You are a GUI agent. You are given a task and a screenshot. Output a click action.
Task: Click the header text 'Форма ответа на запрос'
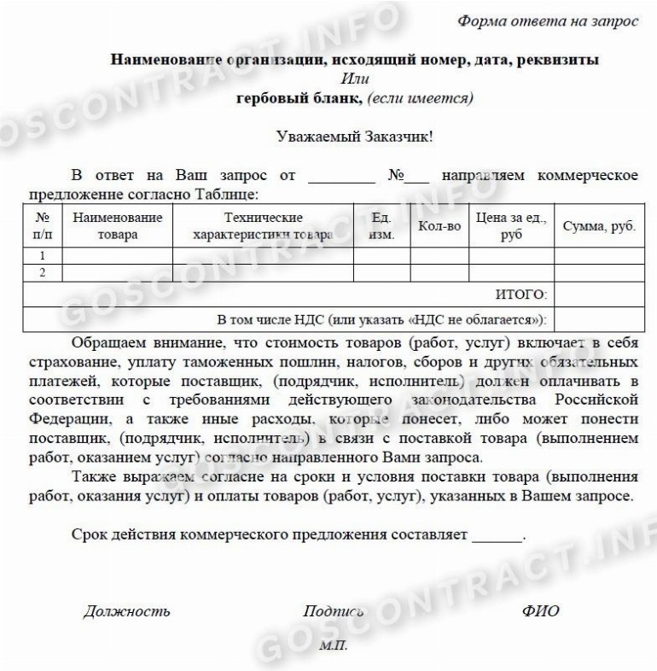(547, 20)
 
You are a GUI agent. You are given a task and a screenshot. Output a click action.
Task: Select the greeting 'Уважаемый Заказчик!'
(356, 135)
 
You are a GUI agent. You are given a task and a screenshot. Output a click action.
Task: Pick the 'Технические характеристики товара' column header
(263, 226)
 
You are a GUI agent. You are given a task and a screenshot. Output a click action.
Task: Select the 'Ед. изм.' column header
(381, 226)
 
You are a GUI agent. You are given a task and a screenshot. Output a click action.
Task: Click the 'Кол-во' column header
(439, 226)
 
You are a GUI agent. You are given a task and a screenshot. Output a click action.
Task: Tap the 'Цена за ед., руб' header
(511, 226)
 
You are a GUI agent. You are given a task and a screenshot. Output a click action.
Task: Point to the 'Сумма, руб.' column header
(594, 226)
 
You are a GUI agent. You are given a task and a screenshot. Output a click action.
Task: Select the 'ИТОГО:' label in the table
(520, 295)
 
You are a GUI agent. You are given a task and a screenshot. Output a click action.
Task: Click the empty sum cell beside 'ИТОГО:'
(594, 295)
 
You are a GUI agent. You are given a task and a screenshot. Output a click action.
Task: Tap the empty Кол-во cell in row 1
(439, 255)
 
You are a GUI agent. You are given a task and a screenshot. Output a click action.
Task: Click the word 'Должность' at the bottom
(126, 610)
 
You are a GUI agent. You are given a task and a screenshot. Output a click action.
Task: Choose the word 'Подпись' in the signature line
(333, 610)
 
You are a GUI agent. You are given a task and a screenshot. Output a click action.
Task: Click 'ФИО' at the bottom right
(540, 610)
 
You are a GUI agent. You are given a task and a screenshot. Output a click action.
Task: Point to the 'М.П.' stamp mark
(334, 645)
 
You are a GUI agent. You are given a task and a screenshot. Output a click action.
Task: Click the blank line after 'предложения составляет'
(495, 538)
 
